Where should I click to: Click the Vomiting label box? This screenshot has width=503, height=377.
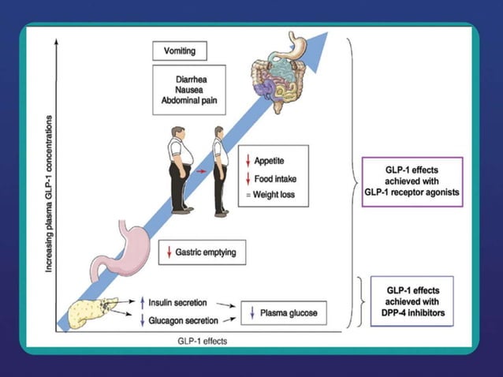tap(179, 52)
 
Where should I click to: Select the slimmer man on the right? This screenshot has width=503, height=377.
tap(220, 170)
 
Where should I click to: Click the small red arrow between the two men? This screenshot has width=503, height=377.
tap(201, 170)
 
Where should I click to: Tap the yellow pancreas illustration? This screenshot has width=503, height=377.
tap(91, 311)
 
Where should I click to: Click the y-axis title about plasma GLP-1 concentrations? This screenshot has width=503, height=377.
tap(49, 193)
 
